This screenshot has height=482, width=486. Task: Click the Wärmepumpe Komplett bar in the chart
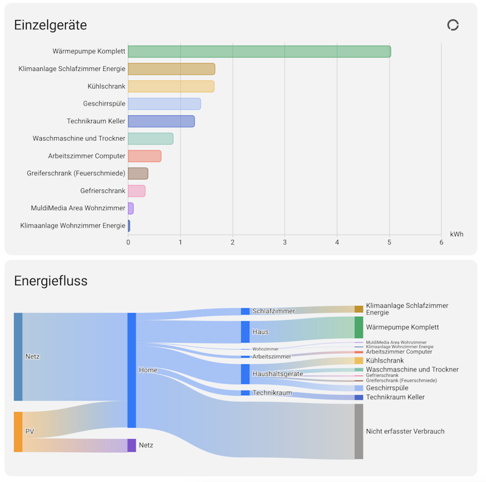point(259,52)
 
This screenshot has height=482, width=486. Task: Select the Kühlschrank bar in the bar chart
point(171,86)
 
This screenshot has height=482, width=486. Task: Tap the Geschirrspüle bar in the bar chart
point(164,104)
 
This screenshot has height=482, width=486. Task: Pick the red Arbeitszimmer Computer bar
point(145,156)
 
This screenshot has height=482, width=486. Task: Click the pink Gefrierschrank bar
point(137,191)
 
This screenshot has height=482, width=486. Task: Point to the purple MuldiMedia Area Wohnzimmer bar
point(131,208)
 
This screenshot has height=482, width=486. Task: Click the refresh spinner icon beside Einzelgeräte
point(453,25)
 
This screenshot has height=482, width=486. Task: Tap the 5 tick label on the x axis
point(389,243)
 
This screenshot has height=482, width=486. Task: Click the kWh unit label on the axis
point(457,234)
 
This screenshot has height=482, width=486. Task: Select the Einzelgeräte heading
point(50,25)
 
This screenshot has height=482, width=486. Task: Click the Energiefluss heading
point(51,281)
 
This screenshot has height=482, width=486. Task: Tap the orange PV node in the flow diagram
point(18,432)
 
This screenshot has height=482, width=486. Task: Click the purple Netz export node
point(132,445)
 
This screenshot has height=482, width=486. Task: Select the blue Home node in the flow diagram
point(132,370)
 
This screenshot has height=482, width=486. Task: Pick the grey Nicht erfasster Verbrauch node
point(359,432)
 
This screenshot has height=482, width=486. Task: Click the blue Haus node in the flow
point(245,332)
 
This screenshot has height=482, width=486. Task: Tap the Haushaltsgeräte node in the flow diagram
point(245,374)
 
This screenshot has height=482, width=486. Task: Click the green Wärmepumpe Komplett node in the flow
point(359,327)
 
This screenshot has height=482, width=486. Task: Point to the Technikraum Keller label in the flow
point(395,397)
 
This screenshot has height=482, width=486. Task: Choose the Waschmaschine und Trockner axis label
point(79,138)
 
